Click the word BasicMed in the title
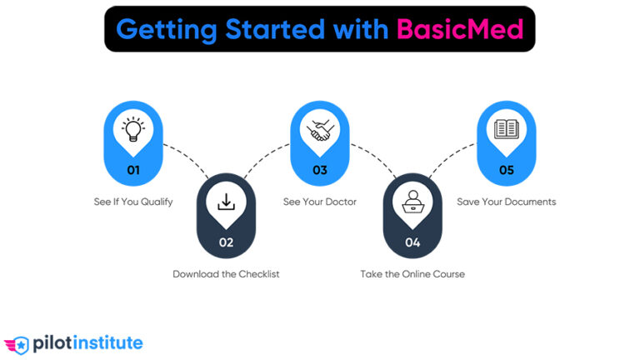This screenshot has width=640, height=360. point(460,29)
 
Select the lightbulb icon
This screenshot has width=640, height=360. point(133,130)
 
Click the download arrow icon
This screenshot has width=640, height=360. point(227,202)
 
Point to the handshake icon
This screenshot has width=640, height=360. point(320,130)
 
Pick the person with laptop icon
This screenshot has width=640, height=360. point(412,202)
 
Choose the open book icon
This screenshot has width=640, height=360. point(506,130)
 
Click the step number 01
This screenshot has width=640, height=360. point(133,171)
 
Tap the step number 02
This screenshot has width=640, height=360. point(227,242)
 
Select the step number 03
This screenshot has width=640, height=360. point(320,171)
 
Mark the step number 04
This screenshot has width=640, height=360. point(412,242)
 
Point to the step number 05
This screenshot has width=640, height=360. point(506,171)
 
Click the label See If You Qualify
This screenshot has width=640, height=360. point(133,202)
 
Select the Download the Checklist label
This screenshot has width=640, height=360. point(226,273)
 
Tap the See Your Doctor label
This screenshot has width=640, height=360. point(320,202)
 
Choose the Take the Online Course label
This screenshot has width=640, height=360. point(412,273)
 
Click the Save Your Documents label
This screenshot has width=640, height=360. point(506,202)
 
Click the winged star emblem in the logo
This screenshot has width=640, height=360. point(17,343)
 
